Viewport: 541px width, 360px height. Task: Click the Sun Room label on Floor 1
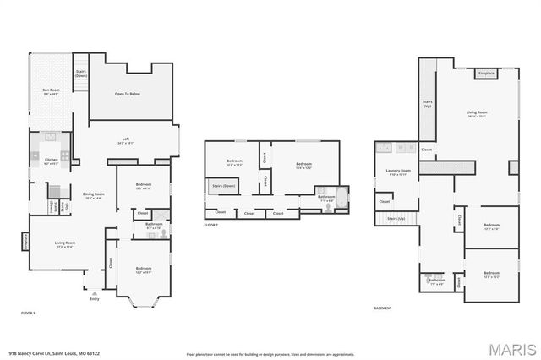[51, 90]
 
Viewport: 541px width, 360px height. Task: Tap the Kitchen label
[51, 160]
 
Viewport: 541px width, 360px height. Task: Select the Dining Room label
[94, 194]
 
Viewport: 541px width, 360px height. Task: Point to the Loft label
[125, 139]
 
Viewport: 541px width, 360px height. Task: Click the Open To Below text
[128, 93]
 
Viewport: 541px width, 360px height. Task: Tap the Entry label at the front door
[95, 298]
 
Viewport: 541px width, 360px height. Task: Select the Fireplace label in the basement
[486, 74]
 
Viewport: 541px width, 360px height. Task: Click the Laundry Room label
[398, 172]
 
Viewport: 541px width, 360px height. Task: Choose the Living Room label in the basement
[478, 112]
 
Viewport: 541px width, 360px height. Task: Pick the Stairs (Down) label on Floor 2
[223, 184]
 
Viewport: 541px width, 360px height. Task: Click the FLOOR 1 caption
[28, 314]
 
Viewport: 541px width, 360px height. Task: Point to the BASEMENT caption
[382, 308]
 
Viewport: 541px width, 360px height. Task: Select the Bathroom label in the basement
[436, 280]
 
